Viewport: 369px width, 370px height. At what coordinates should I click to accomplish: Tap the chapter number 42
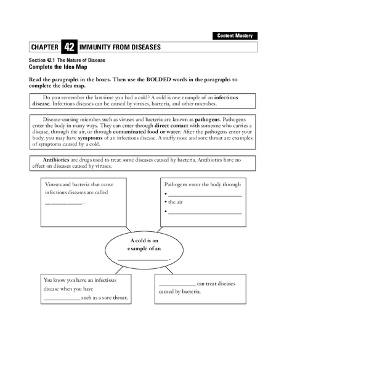tap(69, 47)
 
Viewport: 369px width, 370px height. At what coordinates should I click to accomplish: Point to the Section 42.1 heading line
tap(67, 60)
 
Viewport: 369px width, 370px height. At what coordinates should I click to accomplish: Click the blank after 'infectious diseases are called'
tap(63, 203)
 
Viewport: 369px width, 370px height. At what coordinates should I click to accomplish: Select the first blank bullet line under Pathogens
tap(204, 194)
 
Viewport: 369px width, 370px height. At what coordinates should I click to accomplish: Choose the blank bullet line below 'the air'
tap(204, 213)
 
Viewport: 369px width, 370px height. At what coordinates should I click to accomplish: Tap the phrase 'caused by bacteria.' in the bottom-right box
tap(180, 292)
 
